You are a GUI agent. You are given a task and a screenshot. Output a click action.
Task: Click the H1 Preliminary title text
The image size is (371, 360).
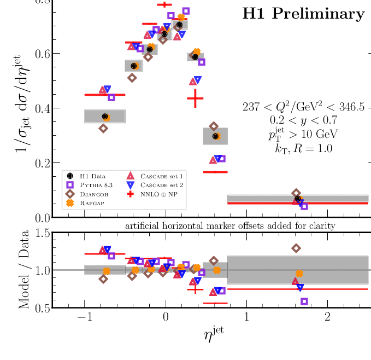[x=303, y=14]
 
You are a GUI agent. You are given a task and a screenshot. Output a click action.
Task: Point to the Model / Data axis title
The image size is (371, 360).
[x=25, y=270]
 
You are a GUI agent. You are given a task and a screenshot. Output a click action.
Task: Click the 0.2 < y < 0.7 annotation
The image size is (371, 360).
[x=303, y=120]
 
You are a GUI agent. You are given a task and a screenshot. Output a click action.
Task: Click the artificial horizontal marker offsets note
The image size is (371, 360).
[x=229, y=225]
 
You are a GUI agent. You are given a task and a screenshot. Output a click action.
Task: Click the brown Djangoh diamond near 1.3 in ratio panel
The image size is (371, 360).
[x=297, y=248]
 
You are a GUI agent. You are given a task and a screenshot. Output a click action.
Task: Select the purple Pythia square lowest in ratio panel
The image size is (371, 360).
[x=304, y=301]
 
